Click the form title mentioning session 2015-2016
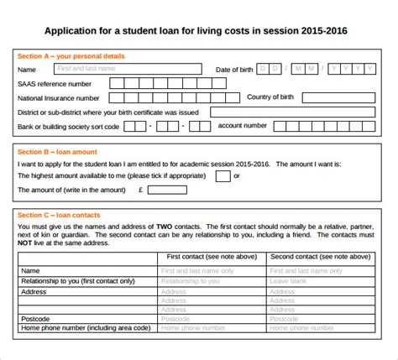pos(199,32)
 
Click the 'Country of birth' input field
pos(345,97)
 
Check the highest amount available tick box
pos(223,176)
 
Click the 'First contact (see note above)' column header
pos(212,256)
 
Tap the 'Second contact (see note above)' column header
pos(320,256)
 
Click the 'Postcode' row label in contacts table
pos(36,319)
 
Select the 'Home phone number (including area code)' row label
pos(85,329)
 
